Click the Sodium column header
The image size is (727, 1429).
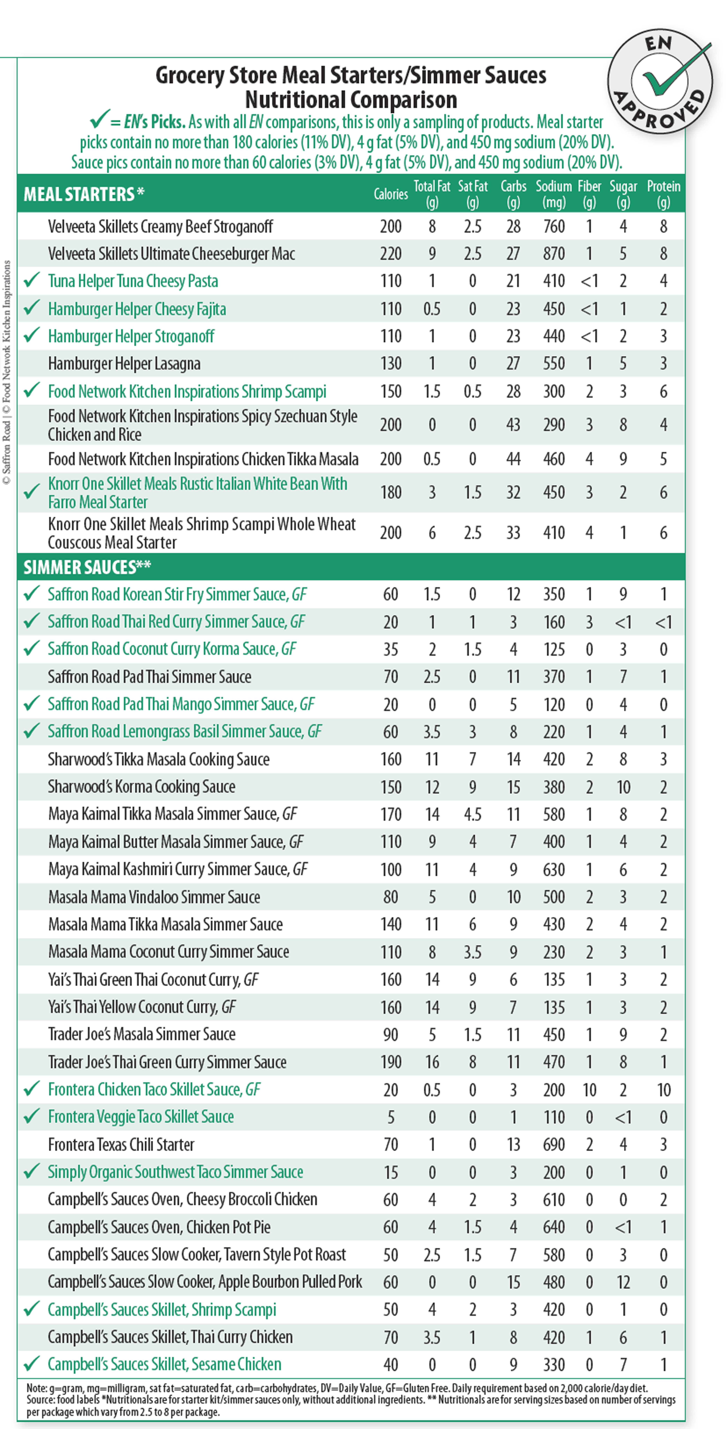pos(553,194)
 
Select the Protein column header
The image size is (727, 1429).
pos(663,194)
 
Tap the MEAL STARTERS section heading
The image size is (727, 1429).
pos(83,194)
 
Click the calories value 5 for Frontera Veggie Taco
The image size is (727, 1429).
pos(391,1117)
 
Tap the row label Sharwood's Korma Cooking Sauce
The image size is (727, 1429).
pos(141,787)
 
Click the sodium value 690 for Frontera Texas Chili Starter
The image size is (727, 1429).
pos(553,1144)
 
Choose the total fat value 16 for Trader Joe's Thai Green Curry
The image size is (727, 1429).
pos(432,1062)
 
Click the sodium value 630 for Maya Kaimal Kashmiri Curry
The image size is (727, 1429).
pos(553,869)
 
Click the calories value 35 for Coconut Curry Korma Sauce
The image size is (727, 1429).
pos(391,649)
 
